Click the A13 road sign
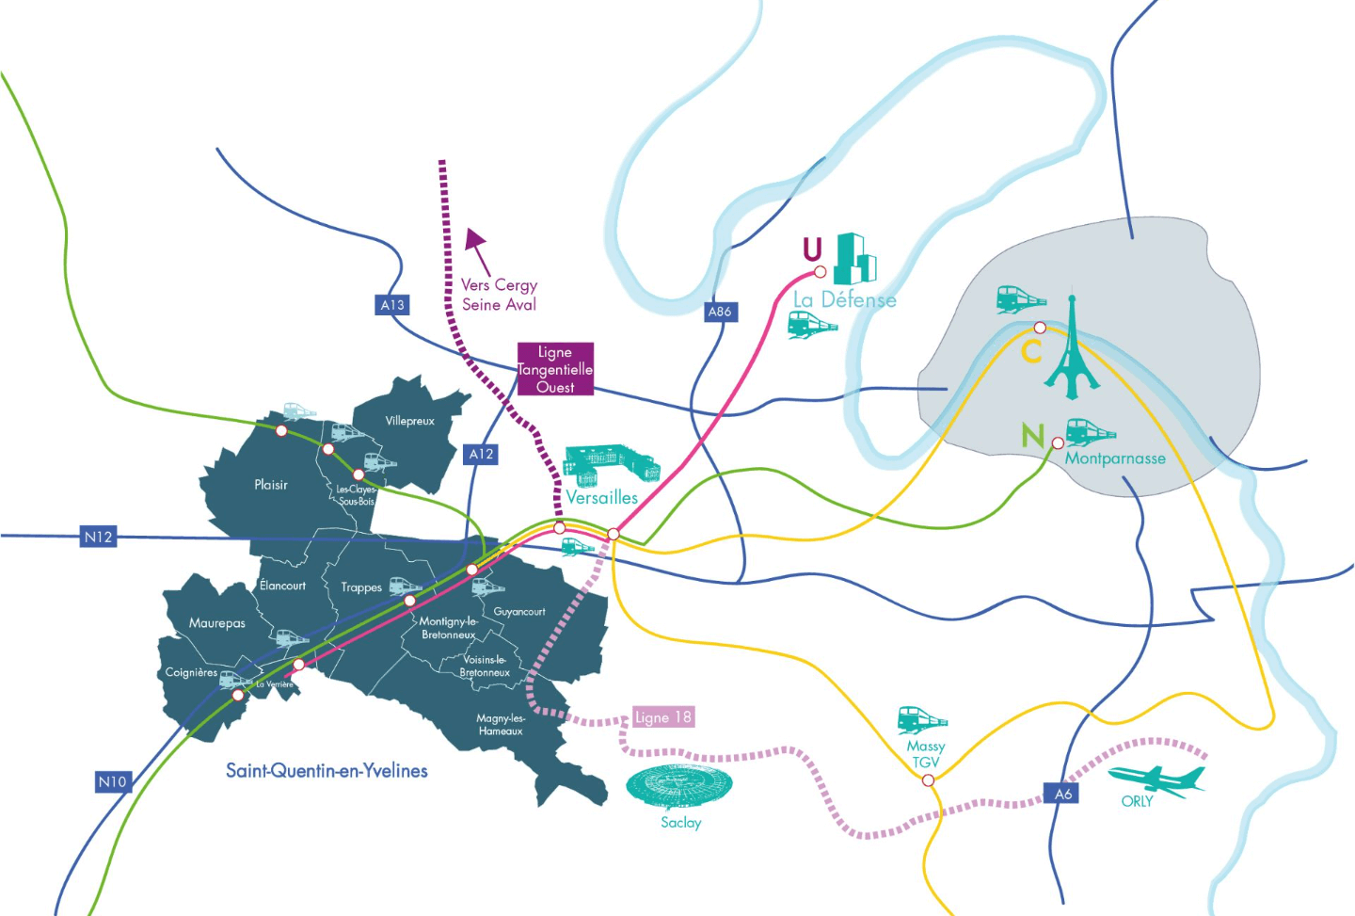[392, 305]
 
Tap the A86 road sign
[720, 312]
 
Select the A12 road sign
[482, 454]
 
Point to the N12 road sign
[99, 537]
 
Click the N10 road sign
[112, 781]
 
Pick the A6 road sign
[1063, 794]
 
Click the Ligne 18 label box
[663, 717]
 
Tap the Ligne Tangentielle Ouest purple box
[555, 369]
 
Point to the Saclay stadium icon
[679, 787]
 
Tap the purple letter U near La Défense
[812, 249]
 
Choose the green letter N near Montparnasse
[1033, 436]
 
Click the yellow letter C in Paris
[1031, 352]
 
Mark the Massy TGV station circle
[928, 780]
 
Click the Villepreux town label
[410, 421]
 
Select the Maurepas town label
[216, 623]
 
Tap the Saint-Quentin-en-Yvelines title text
[327, 771]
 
